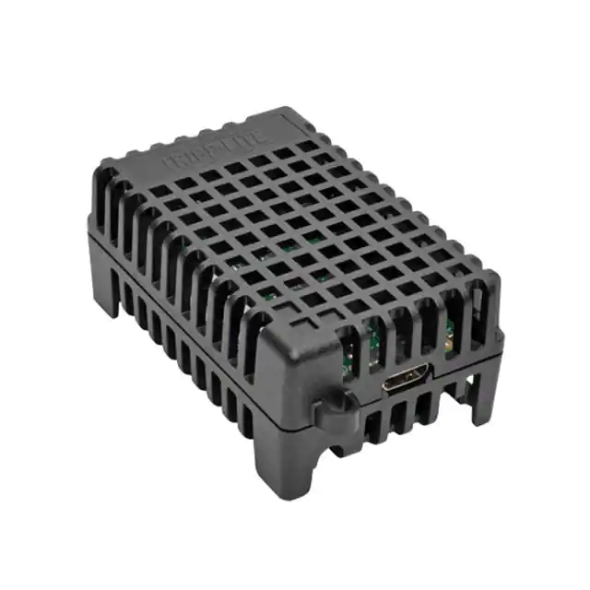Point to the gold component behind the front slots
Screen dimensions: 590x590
pos(448,348)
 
